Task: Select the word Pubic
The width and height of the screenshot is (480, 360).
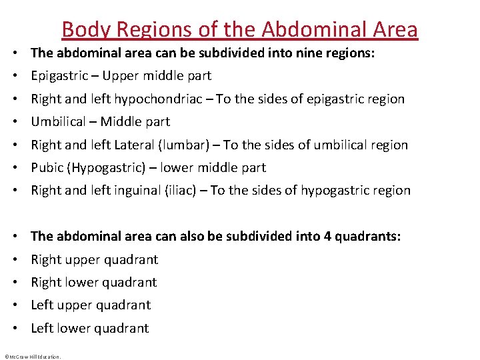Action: pyautogui.click(x=47, y=168)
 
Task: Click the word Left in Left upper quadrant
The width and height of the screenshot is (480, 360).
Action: pyautogui.click(x=42, y=305)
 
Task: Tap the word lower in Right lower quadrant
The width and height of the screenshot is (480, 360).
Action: pyautogui.click(x=81, y=283)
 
